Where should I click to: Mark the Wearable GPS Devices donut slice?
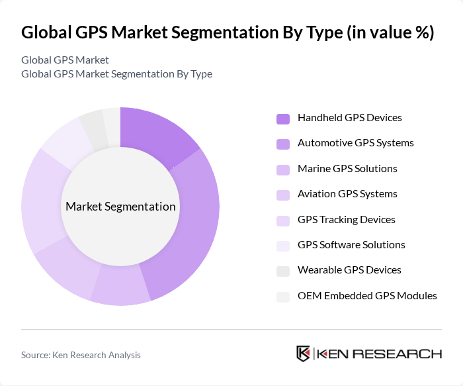point(93,126)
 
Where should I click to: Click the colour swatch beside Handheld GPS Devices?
point(282,119)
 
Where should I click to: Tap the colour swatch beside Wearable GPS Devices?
point(282,271)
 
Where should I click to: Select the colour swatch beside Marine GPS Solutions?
point(282,169)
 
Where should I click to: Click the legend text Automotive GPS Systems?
point(355,143)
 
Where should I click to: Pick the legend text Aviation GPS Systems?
point(347,194)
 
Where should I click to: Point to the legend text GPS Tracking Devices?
point(346,219)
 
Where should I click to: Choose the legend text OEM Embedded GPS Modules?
point(367,296)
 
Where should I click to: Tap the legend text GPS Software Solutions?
point(351,245)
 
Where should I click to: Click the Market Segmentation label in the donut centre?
point(120,207)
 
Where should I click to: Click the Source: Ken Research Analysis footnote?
point(81,355)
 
